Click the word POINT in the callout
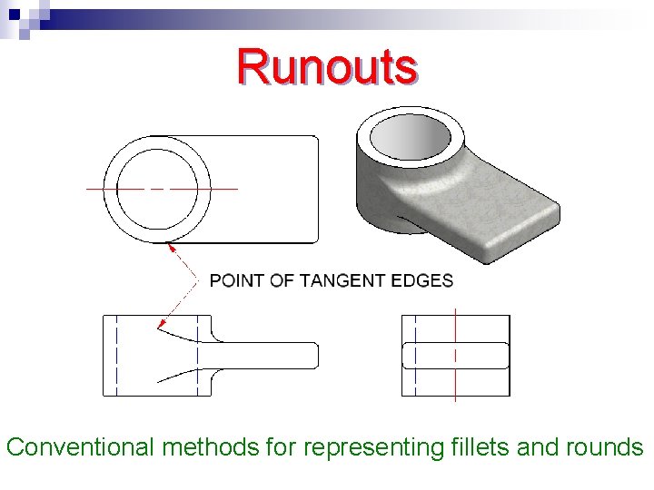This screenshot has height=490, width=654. click(x=237, y=280)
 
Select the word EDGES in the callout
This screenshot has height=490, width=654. click(x=422, y=280)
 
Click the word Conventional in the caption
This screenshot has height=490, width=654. click(x=80, y=447)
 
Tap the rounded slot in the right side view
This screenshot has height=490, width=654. click(x=455, y=355)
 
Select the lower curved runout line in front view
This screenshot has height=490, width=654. click(x=178, y=374)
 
